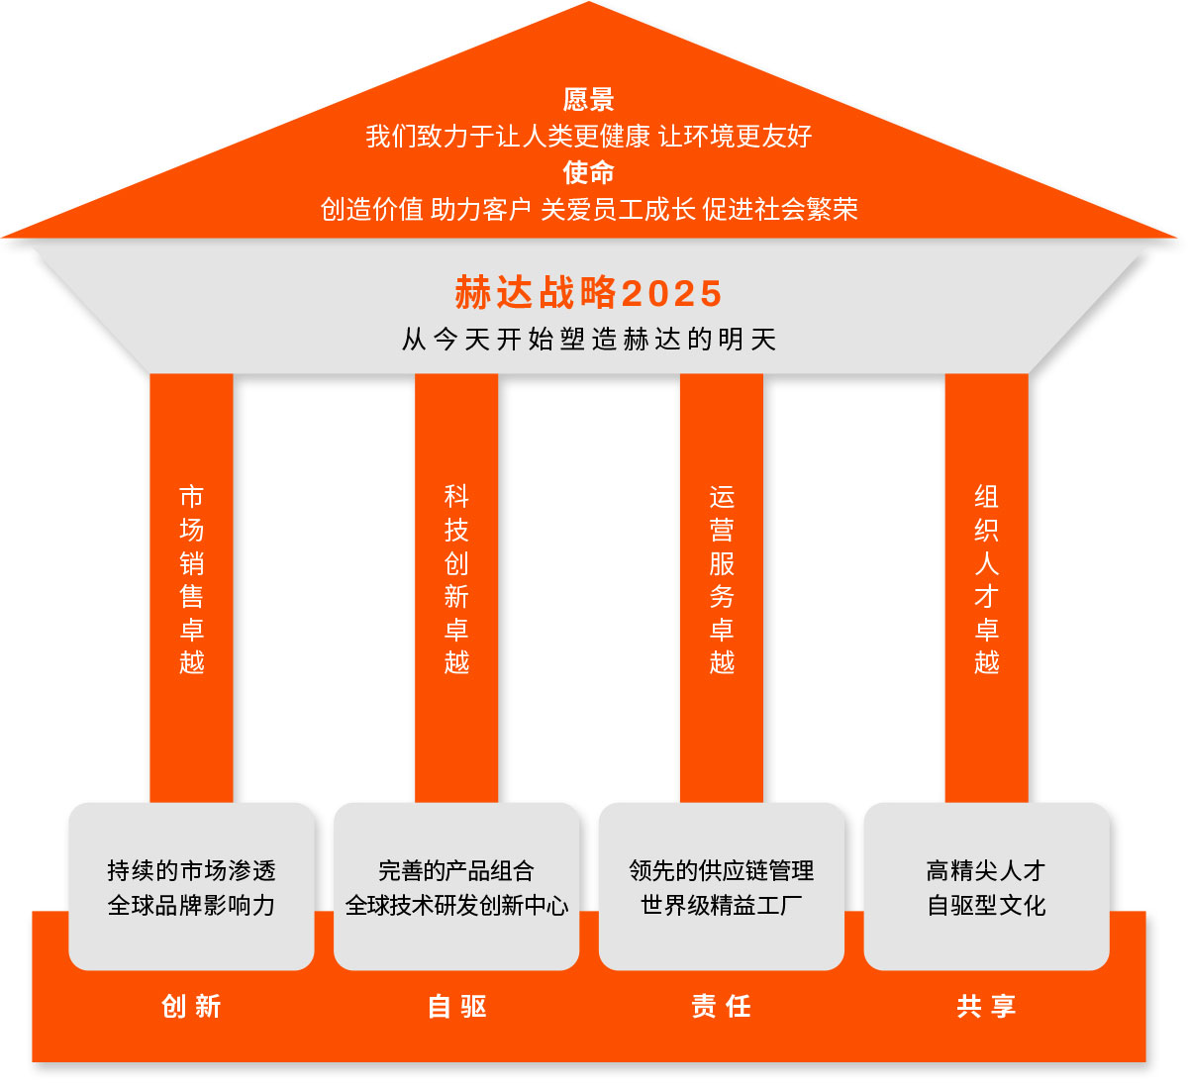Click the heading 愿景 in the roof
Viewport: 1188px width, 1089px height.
point(588,99)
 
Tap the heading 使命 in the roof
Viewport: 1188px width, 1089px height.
point(588,172)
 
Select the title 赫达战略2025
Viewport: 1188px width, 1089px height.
point(588,293)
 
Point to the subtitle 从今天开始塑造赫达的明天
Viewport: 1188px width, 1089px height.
point(588,340)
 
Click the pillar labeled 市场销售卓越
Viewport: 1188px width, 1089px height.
point(191,579)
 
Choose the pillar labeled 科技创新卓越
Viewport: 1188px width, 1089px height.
point(456,579)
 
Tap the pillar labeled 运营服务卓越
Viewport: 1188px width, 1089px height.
point(722,579)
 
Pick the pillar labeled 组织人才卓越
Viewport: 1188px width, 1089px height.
point(986,579)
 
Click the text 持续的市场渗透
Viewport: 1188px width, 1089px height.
point(191,870)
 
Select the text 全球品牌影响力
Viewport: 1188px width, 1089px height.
point(191,905)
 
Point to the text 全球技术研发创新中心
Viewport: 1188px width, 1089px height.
point(456,905)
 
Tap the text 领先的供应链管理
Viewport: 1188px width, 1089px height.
point(722,870)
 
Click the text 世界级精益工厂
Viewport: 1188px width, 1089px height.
point(722,905)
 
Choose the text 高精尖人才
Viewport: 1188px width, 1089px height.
point(986,870)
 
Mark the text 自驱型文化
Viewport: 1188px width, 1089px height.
point(986,905)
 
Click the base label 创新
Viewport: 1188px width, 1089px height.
point(191,1007)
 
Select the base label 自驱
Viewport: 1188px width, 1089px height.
point(456,1007)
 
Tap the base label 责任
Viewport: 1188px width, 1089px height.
point(722,1007)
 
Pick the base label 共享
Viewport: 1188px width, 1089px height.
point(986,1007)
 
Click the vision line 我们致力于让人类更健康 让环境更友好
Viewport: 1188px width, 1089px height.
point(588,136)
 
